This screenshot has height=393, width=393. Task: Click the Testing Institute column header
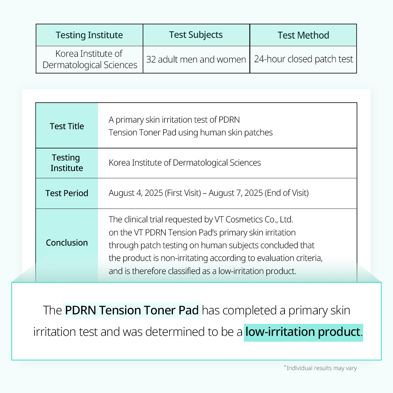pyautogui.click(x=89, y=35)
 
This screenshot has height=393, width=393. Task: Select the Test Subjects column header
pyautogui.click(x=196, y=35)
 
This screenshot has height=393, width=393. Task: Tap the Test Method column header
pyautogui.click(x=303, y=35)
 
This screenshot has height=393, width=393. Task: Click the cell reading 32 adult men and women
pyautogui.click(x=196, y=59)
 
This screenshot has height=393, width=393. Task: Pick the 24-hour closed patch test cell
pyautogui.click(x=303, y=59)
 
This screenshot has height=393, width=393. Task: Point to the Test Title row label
pyautogui.click(x=67, y=126)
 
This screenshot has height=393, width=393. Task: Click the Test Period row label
pyautogui.click(x=67, y=193)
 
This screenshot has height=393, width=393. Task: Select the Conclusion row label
pyautogui.click(x=67, y=243)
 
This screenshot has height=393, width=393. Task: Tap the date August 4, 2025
pyautogui.click(x=136, y=193)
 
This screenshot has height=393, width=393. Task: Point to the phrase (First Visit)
pyautogui.click(x=183, y=193)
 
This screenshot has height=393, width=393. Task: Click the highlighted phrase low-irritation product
pyautogui.click(x=303, y=332)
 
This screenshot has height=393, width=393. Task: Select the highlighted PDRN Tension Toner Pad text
pyautogui.click(x=132, y=310)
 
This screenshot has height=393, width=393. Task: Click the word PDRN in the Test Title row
pyautogui.click(x=229, y=120)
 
